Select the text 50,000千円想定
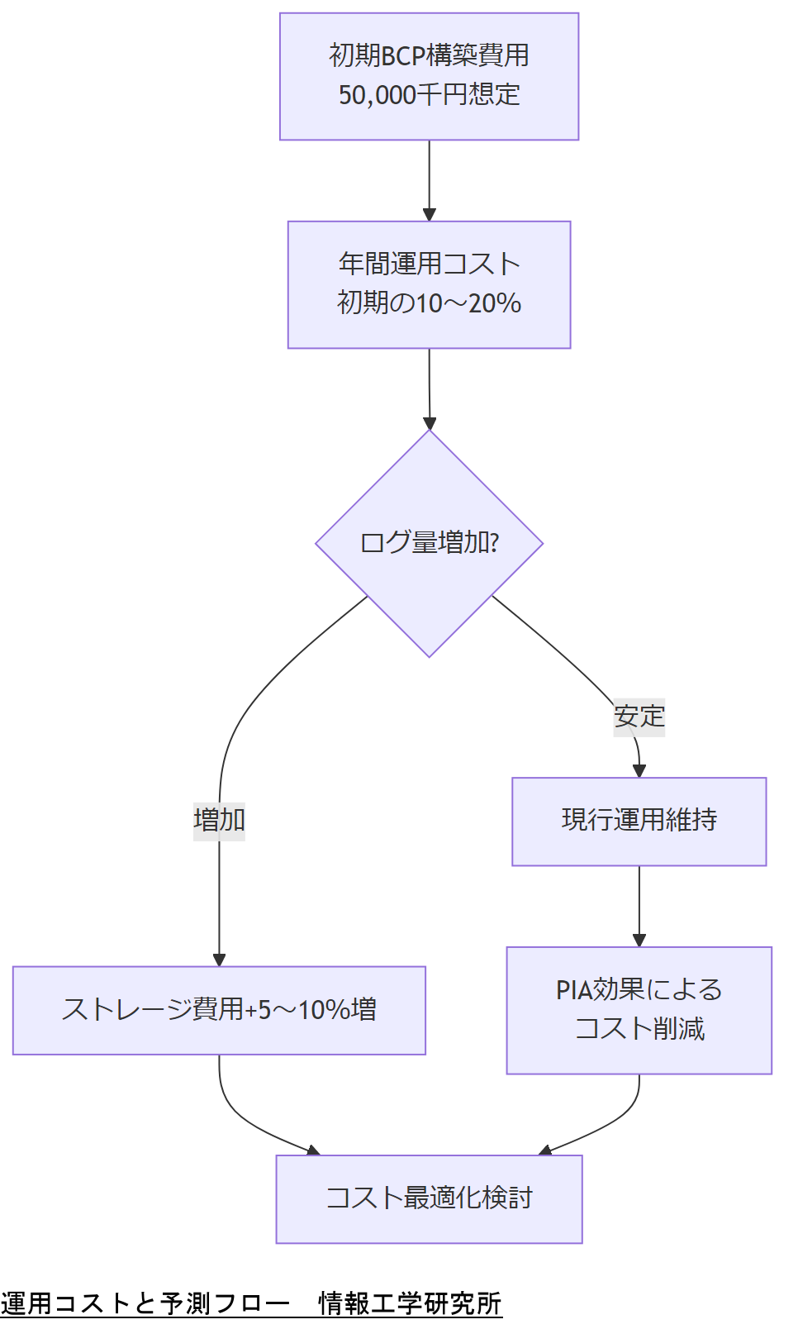[429, 95]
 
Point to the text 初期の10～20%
[429, 303]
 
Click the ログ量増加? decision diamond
[429, 543]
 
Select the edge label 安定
[639, 716]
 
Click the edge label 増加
[219, 820]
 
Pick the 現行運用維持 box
[639, 821]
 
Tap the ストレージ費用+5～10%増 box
[219, 1009]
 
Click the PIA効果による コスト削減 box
[639, 1009]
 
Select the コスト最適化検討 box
[429, 1198]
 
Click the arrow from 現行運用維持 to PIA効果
[639, 905]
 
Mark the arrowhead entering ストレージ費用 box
[219, 960]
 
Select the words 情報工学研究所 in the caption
[411, 1303]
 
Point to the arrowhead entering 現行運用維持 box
[639, 770]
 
